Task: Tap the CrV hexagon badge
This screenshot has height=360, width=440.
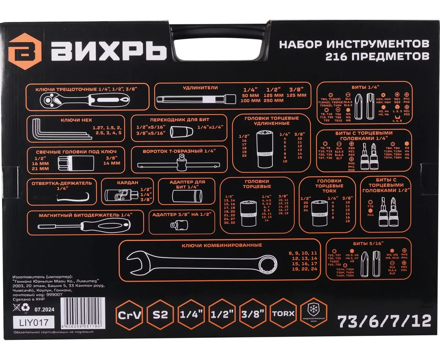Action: tap(130, 314)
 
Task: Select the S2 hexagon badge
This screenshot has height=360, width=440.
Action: tap(160, 314)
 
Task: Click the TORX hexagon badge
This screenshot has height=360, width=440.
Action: tap(283, 314)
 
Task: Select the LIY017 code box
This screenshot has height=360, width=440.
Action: tap(33, 323)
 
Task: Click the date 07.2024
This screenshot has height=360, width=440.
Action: tap(44, 309)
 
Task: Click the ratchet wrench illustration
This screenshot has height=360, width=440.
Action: tap(84, 99)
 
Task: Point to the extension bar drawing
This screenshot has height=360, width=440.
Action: tap(196, 99)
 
